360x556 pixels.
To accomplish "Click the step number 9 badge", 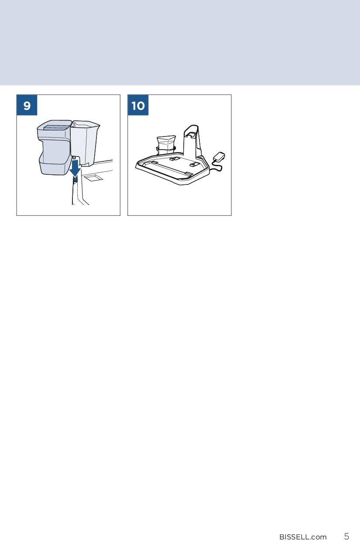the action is click(27, 105).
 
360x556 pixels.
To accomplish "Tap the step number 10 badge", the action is click(138, 105).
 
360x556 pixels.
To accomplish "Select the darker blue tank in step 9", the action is click(55, 147).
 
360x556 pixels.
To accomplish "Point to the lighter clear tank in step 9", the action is click(85, 143).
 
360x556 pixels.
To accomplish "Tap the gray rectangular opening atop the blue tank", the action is click(55, 127).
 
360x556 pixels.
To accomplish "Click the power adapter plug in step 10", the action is click(219, 157).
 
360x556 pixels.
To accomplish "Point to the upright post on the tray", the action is click(192, 141).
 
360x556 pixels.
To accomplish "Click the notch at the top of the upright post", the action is click(192, 135).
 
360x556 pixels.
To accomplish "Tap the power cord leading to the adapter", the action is click(216, 167).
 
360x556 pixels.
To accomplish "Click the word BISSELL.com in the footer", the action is click(303, 537).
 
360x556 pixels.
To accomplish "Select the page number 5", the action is click(346, 536).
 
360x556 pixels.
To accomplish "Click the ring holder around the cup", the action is click(166, 149).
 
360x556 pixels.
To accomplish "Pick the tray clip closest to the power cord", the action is click(193, 164).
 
